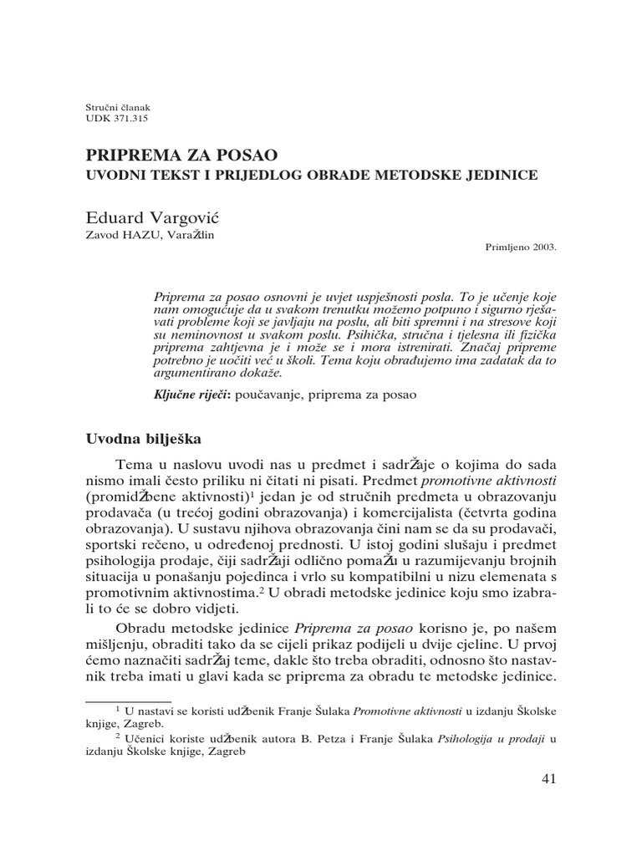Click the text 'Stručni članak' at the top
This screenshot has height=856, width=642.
[x=118, y=108]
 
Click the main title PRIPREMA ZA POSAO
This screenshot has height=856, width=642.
[x=182, y=155]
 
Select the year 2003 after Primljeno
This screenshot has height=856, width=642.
[x=542, y=248]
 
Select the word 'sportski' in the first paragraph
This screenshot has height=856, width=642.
[x=115, y=543]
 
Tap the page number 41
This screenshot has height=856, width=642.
[x=548, y=779]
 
